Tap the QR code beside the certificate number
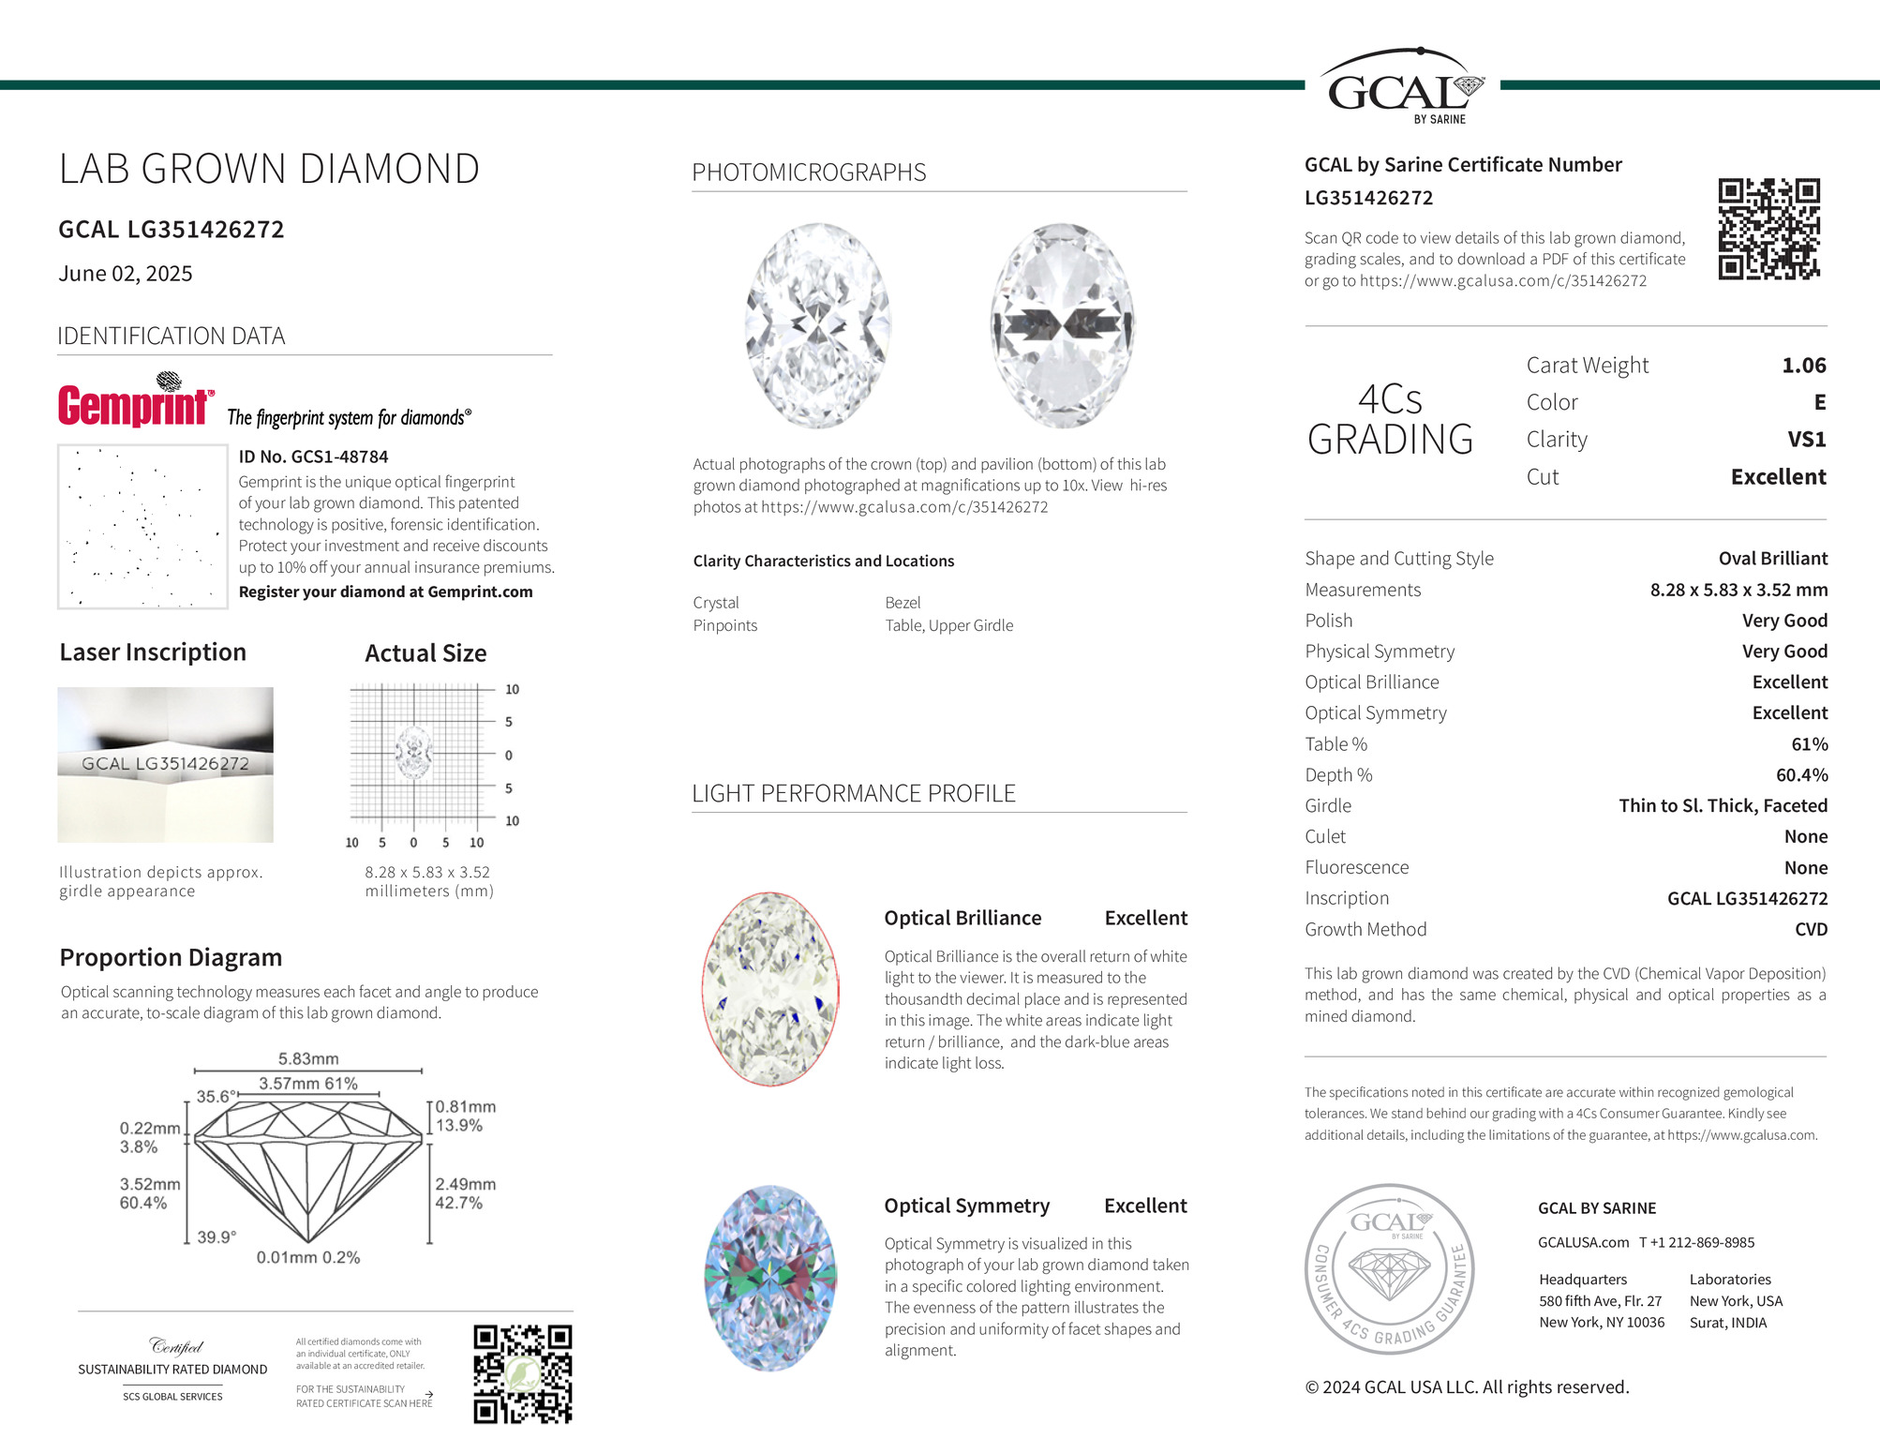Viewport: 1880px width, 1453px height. [1768, 229]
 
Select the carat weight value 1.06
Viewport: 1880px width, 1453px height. [1803, 366]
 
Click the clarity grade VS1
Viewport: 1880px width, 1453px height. [1806, 440]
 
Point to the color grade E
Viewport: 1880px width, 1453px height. [1819, 403]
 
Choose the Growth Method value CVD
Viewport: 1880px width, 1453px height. [1811, 930]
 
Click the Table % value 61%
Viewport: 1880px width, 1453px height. [1809, 744]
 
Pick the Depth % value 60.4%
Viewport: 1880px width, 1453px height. [1801, 775]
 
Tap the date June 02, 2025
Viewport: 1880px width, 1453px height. [126, 274]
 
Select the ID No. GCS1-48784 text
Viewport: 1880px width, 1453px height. [313, 457]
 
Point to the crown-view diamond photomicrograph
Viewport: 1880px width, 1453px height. [817, 325]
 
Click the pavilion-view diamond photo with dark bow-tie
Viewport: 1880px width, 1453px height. [1063, 325]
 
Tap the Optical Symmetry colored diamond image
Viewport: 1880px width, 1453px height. [769, 1278]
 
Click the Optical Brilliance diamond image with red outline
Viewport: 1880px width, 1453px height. [769, 989]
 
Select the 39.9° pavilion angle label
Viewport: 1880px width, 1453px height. [216, 1237]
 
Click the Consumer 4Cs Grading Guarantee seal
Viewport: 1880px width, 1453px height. [1389, 1268]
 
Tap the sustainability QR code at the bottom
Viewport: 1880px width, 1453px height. [522, 1374]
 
